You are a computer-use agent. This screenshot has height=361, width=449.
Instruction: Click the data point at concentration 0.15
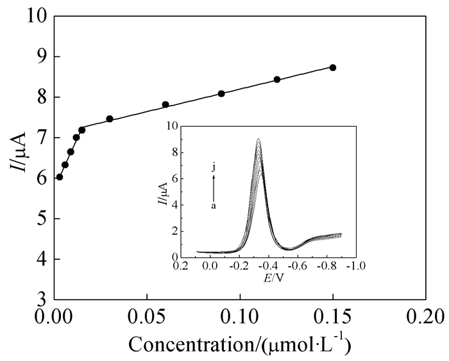click(x=332, y=67)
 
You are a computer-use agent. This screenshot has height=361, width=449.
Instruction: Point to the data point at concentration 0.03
click(x=110, y=119)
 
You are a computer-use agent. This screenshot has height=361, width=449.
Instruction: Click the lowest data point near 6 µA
click(x=60, y=177)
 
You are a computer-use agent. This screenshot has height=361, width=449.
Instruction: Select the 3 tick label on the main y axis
click(x=40, y=300)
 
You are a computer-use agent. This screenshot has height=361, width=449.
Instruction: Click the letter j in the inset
click(x=214, y=168)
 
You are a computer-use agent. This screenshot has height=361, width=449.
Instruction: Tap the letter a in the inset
click(x=214, y=205)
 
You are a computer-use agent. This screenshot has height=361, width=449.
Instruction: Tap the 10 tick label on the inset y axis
click(x=170, y=126)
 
